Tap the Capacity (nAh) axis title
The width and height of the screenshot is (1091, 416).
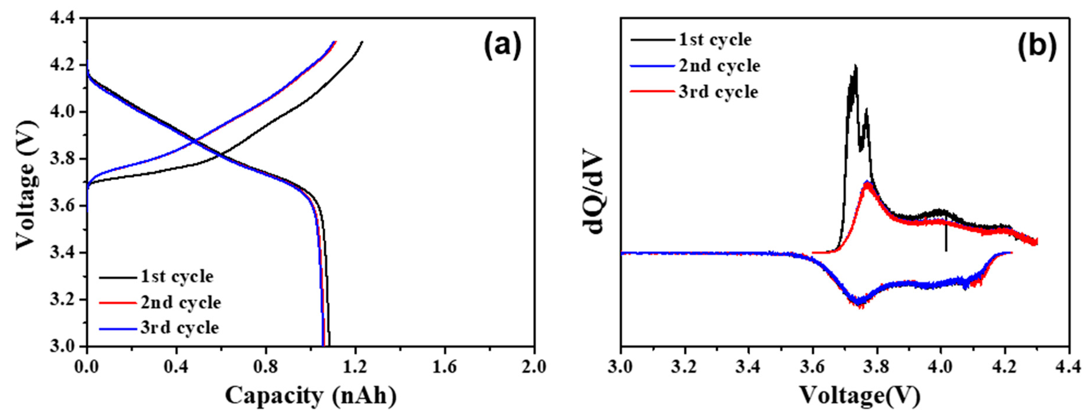pyautogui.click(x=310, y=396)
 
